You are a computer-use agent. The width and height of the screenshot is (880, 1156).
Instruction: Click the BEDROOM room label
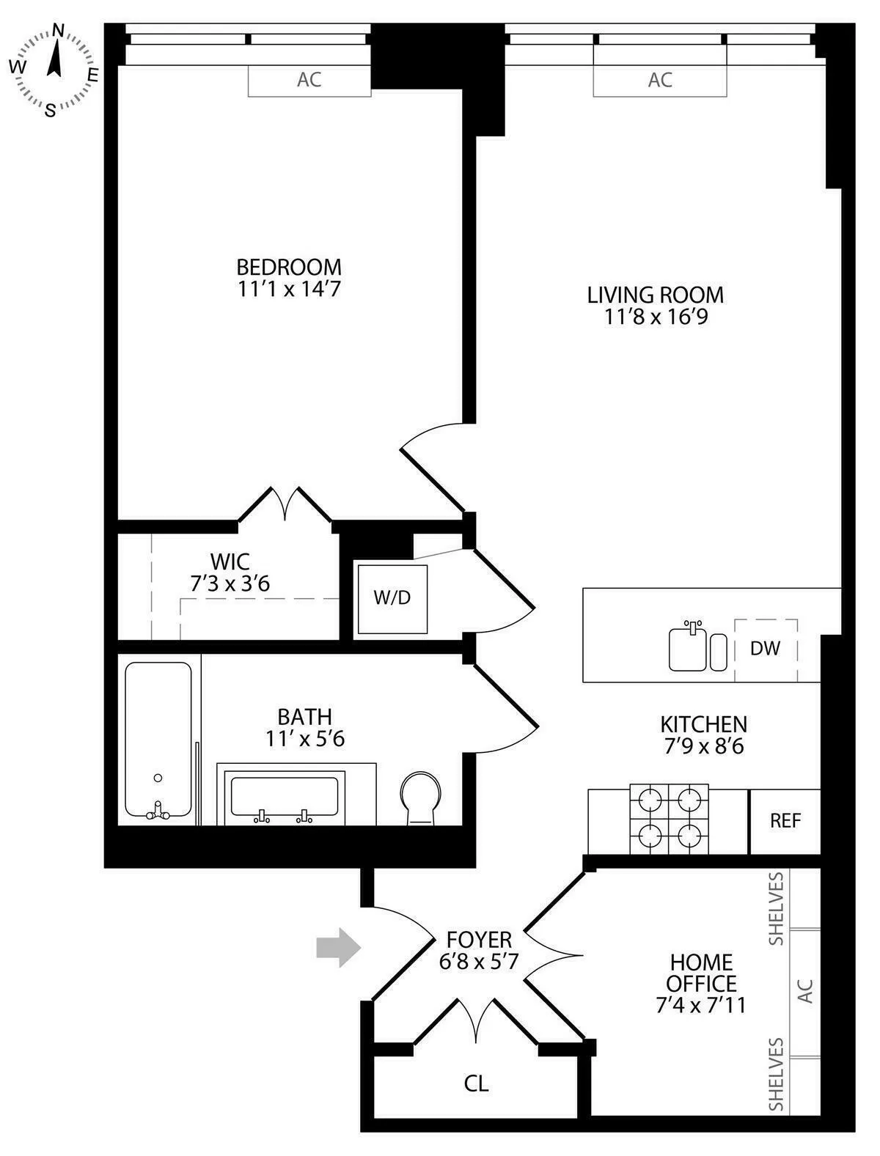pyautogui.click(x=289, y=266)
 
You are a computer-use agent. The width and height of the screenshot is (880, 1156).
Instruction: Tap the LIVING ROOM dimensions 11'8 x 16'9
pyautogui.click(x=656, y=317)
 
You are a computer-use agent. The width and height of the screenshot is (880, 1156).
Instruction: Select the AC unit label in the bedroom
pyautogui.click(x=309, y=80)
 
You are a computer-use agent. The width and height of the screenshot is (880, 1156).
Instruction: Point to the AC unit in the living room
pyautogui.click(x=660, y=80)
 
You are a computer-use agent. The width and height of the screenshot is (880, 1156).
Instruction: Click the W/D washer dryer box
pyautogui.click(x=392, y=598)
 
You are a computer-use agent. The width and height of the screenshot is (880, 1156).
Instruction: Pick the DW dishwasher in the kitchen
pyautogui.click(x=765, y=648)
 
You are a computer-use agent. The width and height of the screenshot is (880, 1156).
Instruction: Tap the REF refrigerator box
pyautogui.click(x=785, y=821)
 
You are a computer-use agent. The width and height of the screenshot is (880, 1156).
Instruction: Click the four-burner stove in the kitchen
pyautogui.click(x=669, y=819)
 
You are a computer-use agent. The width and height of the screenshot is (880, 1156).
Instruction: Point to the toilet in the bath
pyautogui.click(x=420, y=798)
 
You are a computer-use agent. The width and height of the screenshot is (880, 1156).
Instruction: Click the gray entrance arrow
pyautogui.click(x=338, y=948)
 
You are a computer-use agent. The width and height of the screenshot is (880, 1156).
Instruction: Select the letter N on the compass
pyautogui.click(x=59, y=31)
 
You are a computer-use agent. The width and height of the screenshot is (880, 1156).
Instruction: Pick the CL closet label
pyautogui.click(x=476, y=1083)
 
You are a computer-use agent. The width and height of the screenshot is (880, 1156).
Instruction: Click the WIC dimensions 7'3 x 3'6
pyautogui.click(x=230, y=584)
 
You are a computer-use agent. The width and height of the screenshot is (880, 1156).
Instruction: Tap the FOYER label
pyautogui.click(x=479, y=940)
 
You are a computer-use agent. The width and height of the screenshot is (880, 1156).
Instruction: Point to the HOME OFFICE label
pyautogui.click(x=700, y=972)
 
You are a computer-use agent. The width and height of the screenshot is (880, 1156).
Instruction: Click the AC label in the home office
pyautogui.click(x=805, y=992)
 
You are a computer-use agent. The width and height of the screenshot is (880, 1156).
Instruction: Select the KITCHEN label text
pyautogui.click(x=703, y=724)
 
